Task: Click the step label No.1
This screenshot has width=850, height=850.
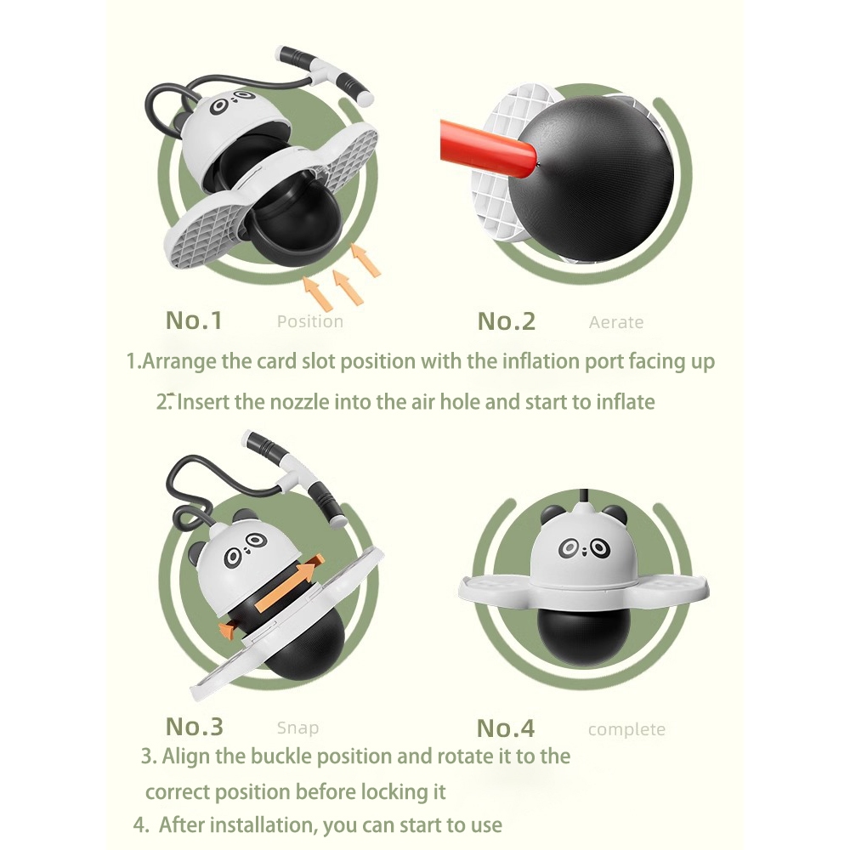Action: tap(194, 320)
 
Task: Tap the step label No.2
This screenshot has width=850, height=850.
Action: tap(507, 321)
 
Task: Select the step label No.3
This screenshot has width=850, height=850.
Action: tap(194, 727)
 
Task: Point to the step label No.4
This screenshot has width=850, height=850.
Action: tap(506, 728)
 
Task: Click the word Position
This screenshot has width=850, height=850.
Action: tap(310, 321)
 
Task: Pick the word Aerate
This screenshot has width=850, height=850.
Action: tap(616, 322)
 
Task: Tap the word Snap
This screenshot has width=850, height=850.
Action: tap(297, 728)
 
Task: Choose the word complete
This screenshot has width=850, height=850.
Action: tap(626, 729)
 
